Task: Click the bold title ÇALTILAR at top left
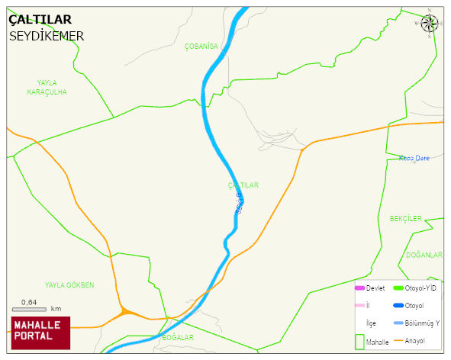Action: [x=40, y=21]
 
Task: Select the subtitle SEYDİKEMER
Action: [x=47, y=36]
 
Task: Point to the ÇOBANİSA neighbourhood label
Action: [x=201, y=47]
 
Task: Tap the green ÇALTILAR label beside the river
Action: [x=243, y=185]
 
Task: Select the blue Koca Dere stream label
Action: [x=414, y=159]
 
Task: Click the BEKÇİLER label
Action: [x=405, y=219]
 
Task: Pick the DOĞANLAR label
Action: [x=424, y=255]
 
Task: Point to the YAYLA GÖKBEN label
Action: [x=69, y=285]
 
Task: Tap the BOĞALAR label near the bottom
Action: [x=178, y=337]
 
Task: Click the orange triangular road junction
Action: [x=124, y=312]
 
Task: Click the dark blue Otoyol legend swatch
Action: [x=398, y=306]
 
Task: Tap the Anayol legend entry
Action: [x=413, y=341]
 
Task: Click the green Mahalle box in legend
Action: [x=359, y=341]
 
